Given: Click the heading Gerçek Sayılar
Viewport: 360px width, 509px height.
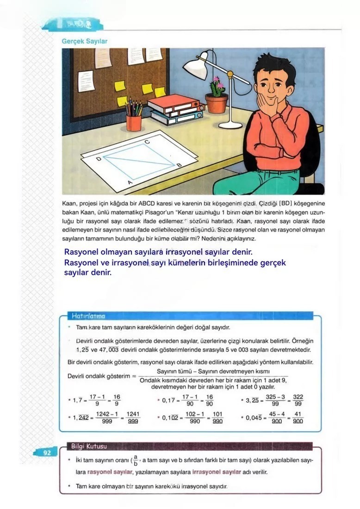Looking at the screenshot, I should pyautogui.click(x=85, y=41).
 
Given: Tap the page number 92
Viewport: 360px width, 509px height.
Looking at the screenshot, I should pyautogui.click(x=47, y=453).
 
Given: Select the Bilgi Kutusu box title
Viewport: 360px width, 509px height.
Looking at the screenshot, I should pyautogui.click(x=89, y=447).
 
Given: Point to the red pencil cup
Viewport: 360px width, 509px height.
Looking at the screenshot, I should pyautogui.click(x=134, y=123).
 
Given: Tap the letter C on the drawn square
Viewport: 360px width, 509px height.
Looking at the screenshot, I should pyautogui.click(x=147, y=142).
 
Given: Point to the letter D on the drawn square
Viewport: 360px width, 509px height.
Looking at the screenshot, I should pyautogui.click(x=98, y=159).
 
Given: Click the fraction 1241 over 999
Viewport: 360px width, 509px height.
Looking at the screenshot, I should pyautogui.click(x=133, y=417).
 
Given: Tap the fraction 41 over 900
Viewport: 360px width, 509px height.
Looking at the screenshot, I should pyautogui.click(x=298, y=417).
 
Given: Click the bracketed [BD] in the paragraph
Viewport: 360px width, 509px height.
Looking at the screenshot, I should pyautogui.click(x=287, y=204).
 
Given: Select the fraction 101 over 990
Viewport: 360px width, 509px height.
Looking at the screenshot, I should pyautogui.click(x=218, y=417).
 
